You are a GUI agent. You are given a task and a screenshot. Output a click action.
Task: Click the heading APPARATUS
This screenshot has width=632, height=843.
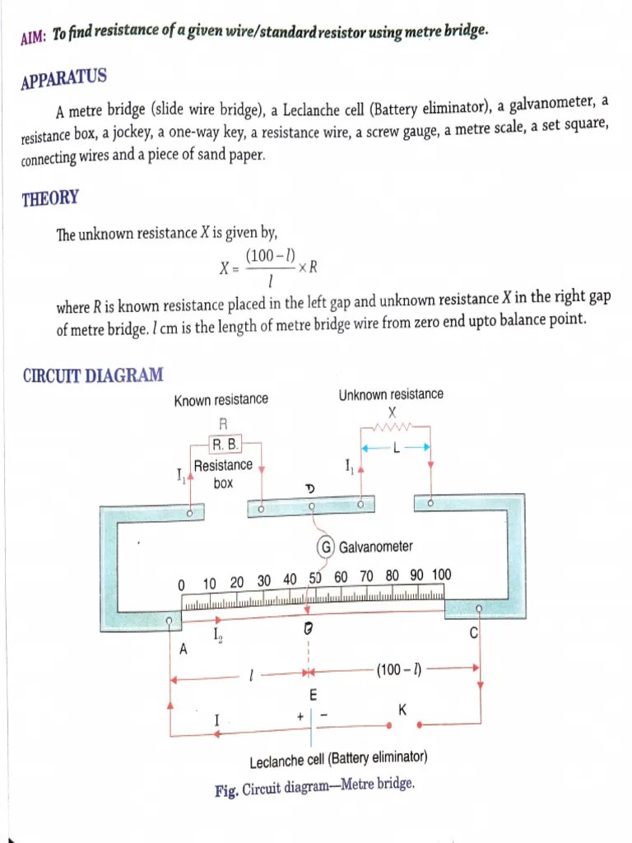tap(63, 80)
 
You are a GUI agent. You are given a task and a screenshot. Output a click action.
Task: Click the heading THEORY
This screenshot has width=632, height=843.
tap(50, 198)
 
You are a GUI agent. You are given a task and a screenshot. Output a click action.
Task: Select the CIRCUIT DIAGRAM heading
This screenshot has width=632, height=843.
tap(92, 375)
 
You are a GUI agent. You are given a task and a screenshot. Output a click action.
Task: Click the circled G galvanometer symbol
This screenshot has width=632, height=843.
tap(326, 547)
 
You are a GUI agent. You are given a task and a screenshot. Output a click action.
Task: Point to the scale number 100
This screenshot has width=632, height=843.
tap(441, 575)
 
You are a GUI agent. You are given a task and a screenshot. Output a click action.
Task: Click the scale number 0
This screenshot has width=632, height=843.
tap(181, 584)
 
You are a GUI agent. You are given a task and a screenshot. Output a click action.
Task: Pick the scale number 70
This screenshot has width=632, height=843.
tap(367, 576)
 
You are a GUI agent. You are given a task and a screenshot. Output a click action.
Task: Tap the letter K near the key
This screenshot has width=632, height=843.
tap(402, 709)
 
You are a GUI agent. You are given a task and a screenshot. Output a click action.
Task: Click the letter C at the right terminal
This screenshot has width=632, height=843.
tap(473, 633)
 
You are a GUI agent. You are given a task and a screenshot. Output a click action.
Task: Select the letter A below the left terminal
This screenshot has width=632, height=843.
tap(184, 649)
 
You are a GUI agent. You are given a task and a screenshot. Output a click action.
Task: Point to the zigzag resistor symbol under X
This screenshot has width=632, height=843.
tap(393, 427)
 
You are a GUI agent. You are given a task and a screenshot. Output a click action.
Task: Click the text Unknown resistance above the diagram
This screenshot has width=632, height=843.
tap(391, 394)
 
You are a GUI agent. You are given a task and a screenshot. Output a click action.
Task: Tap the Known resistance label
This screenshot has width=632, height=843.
tap(221, 399)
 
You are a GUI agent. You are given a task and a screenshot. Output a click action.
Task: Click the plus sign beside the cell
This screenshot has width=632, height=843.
tap(301, 717)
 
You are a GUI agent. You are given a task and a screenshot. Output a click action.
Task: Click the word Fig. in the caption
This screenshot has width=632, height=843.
tap(226, 790)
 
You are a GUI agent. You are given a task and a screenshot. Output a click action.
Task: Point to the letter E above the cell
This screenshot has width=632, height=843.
tap(314, 695)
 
